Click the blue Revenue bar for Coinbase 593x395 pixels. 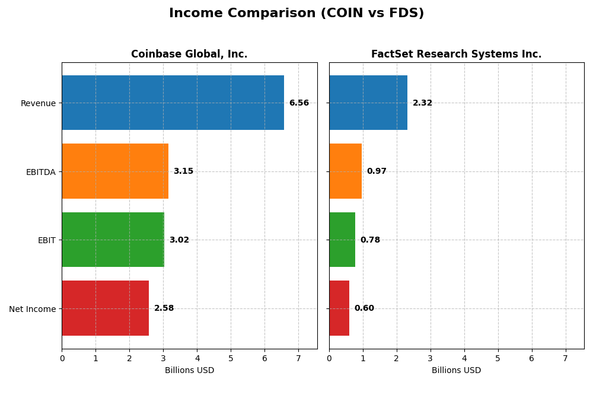pyautogui.click(x=173, y=103)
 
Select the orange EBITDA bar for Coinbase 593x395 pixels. pyautogui.click(x=115, y=171)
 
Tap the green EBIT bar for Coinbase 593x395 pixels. pyautogui.click(x=113, y=240)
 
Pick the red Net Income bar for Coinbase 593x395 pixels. pyautogui.click(x=106, y=308)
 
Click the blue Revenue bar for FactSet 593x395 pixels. pyautogui.click(x=368, y=103)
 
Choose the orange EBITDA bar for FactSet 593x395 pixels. pyautogui.click(x=345, y=171)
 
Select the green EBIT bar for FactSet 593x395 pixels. pyautogui.click(x=342, y=240)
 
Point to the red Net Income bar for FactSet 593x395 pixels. pyautogui.click(x=339, y=308)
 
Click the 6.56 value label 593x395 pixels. pyautogui.click(x=299, y=103)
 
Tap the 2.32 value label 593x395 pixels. pyautogui.click(x=422, y=103)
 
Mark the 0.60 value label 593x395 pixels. pyautogui.click(x=364, y=308)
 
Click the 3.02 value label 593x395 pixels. pyautogui.click(x=179, y=240)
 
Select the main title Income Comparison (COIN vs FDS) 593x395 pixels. pyautogui.click(x=296, y=14)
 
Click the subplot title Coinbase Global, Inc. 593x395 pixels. pyautogui.click(x=189, y=55)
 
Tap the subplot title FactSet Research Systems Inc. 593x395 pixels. pyautogui.click(x=456, y=55)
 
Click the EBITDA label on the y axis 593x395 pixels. pyautogui.click(x=40, y=172)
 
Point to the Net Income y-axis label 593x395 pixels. pyautogui.click(x=32, y=309)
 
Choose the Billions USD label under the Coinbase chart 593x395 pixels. pyautogui.click(x=189, y=371)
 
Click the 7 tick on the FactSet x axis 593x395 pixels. pyautogui.click(x=565, y=358)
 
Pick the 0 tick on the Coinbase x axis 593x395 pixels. pyautogui.click(x=62, y=358)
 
